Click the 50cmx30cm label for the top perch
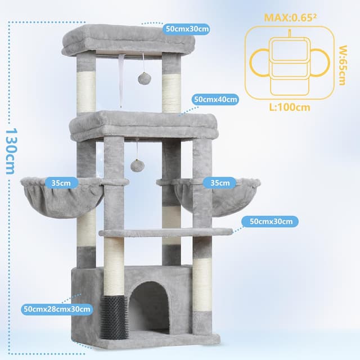187,28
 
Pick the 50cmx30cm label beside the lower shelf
271,221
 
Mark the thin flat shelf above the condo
166,232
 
